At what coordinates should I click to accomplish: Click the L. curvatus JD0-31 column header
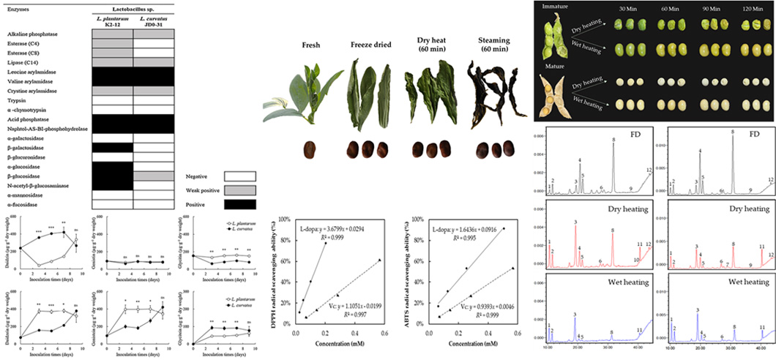point(153,21)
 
